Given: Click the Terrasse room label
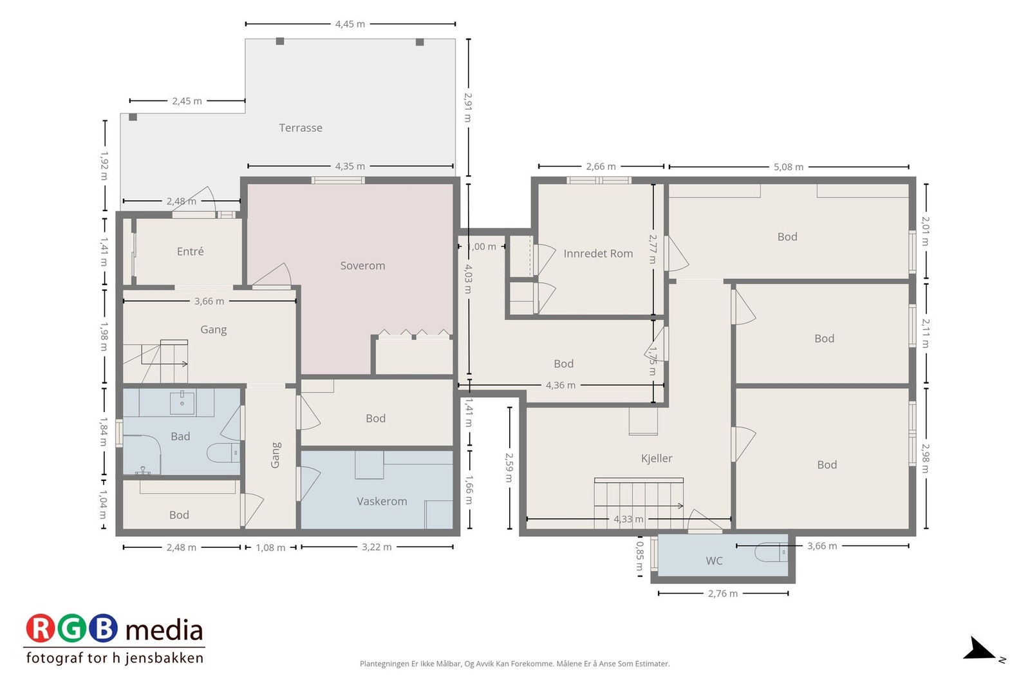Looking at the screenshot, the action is [300, 128].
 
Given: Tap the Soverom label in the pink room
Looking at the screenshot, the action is [362, 266].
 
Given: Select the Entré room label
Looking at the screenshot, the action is [190, 252].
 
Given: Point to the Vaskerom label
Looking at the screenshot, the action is [382, 501].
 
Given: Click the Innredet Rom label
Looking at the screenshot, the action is [598, 254].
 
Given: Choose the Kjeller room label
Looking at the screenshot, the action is [656, 458].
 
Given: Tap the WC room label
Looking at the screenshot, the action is [714, 561].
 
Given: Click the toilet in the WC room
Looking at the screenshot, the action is [771, 552].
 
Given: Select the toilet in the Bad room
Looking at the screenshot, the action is [223, 453].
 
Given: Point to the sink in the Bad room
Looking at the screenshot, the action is [182, 402].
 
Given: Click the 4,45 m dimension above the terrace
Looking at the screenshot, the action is [350, 24].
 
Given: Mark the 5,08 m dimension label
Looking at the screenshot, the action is [788, 167].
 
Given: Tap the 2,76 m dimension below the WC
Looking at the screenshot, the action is [722, 594].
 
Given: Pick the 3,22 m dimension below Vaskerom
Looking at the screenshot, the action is [377, 547].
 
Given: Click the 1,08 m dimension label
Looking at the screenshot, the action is [270, 548].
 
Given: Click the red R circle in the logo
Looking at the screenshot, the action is [41, 628].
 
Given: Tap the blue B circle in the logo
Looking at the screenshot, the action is [103, 628].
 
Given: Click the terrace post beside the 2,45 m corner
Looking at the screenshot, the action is [133, 117].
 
